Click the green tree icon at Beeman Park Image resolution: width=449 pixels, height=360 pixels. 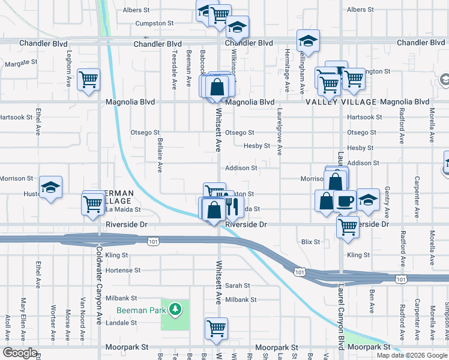[x=175, y=309]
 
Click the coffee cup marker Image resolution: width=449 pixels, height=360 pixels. [x=345, y=201]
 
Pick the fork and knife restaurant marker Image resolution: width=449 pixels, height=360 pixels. [x=231, y=206]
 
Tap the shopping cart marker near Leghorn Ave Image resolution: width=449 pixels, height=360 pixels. [x=88, y=80]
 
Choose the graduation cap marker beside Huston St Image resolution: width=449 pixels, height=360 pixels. [x=50, y=187]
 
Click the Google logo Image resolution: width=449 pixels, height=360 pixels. [x=20, y=353]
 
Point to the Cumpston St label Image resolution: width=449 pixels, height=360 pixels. [x=155, y=23]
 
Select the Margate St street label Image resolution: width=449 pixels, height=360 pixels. [x=21, y=62]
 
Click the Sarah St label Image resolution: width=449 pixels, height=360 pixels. [x=238, y=286]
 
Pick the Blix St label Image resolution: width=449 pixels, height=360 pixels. [x=310, y=242]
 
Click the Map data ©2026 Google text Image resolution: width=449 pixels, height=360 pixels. [x=411, y=355]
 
